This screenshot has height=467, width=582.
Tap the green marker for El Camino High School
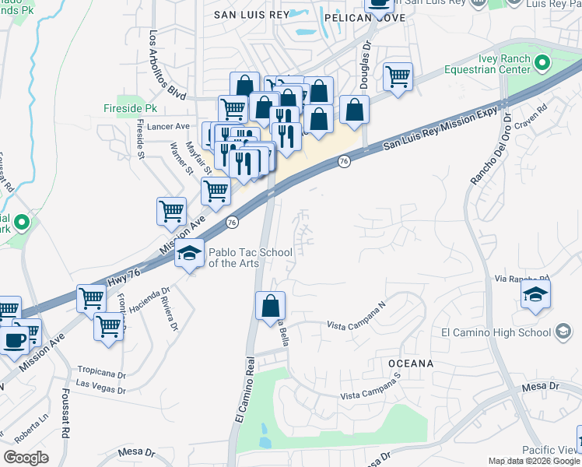(562, 332)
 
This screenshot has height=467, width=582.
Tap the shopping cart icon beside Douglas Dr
(398, 77)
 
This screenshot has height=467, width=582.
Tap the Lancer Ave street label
(171, 126)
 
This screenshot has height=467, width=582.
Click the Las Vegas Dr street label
(100, 384)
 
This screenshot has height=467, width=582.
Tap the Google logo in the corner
(26, 458)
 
